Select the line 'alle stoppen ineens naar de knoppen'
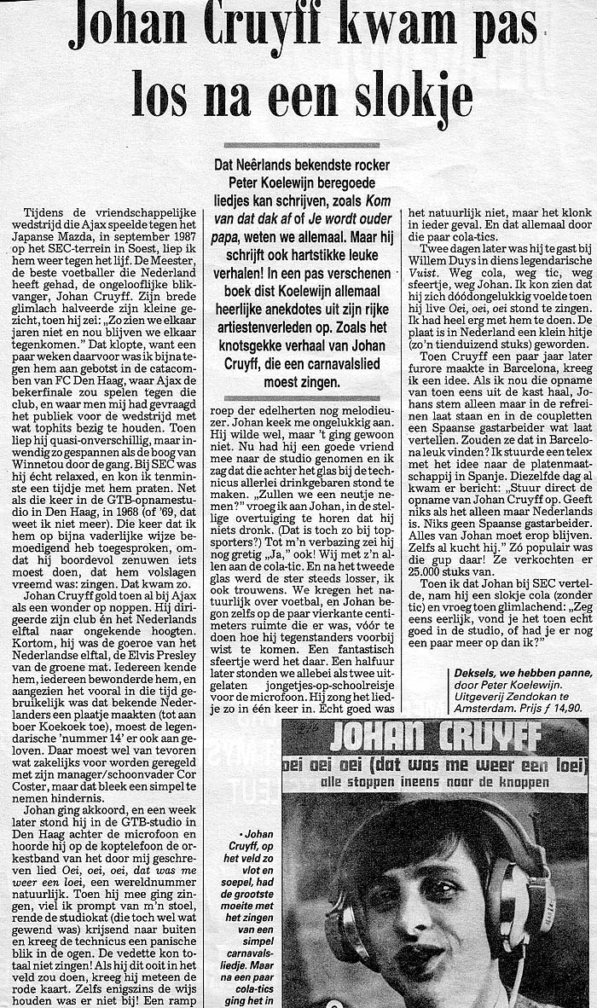(435, 779)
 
